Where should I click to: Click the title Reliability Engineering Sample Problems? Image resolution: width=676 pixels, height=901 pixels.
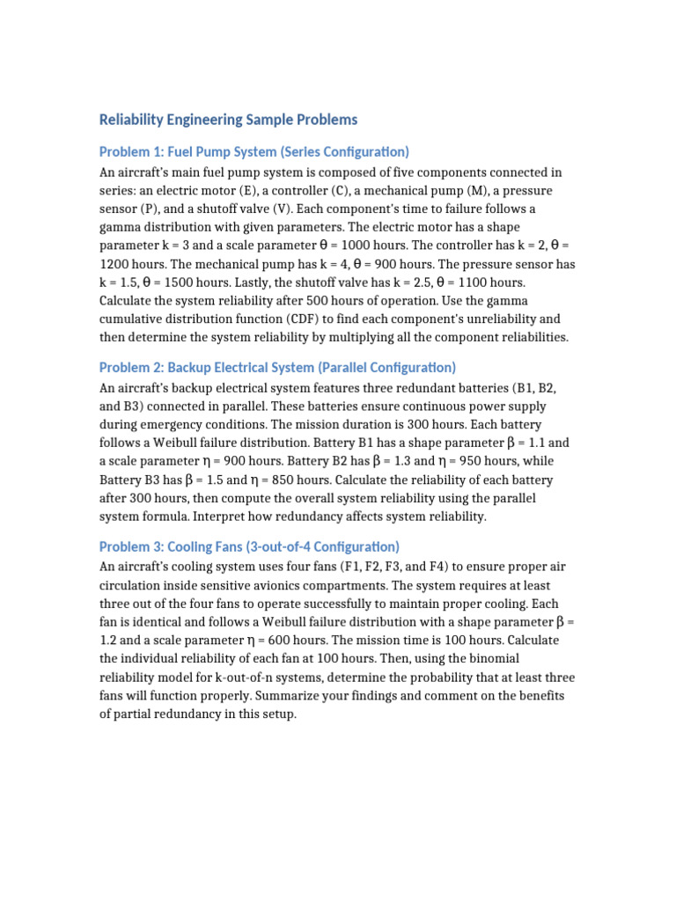[x=229, y=119]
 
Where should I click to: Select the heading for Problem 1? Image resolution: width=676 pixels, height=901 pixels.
[x=254, y=151]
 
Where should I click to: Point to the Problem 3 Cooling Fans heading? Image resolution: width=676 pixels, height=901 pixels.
[x=249, y=546]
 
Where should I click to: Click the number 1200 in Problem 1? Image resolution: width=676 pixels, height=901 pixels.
[x=115, y=264]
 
